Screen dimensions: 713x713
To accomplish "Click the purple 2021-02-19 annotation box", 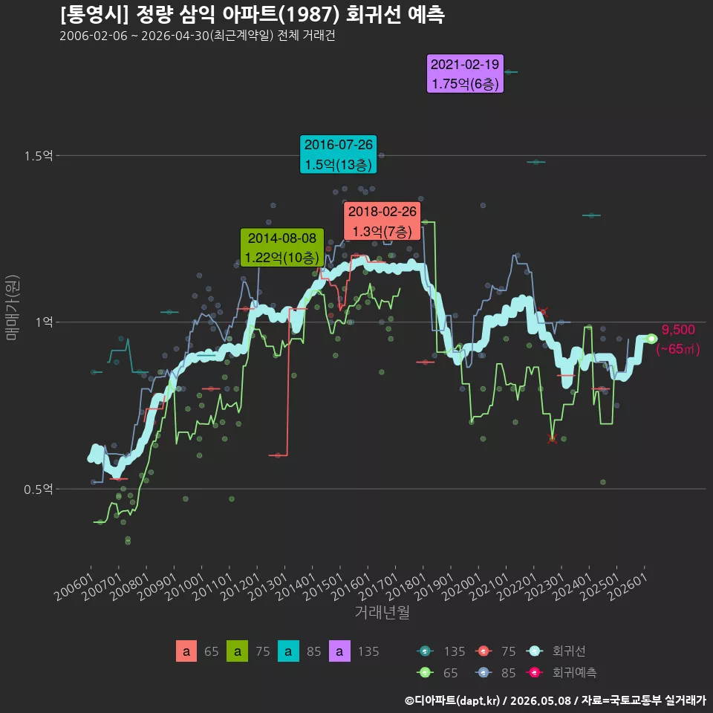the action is tap(465, 74).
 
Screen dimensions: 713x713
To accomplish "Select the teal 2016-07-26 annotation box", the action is tap(339, 154).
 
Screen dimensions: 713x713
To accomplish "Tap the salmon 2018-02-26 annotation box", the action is tap(382, 221).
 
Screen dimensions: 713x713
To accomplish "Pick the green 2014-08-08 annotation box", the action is tap(282, 247).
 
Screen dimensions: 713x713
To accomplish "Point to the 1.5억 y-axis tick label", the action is tap(38, 156).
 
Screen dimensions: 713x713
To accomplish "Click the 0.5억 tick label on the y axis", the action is tap(38, 489).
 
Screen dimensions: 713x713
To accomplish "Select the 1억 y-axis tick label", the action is tap(45, 322).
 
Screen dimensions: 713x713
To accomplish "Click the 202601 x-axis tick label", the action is tap(628, 587).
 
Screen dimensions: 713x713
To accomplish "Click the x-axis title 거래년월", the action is tap(382, 612).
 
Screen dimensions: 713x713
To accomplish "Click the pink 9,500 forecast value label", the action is tap(678, 330).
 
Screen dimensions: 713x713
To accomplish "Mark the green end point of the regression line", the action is tap(651, 339).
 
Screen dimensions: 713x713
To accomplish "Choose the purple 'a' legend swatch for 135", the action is tap(339, 651).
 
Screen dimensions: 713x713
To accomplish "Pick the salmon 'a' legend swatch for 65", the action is tap(186, 651).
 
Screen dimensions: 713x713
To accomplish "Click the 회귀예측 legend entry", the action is tap(561, 673).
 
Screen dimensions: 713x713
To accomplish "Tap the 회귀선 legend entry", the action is tap(556, 651).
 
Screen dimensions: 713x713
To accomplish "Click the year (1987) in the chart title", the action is tap(309, 15).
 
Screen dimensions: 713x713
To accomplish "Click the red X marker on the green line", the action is tap(552, 439).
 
